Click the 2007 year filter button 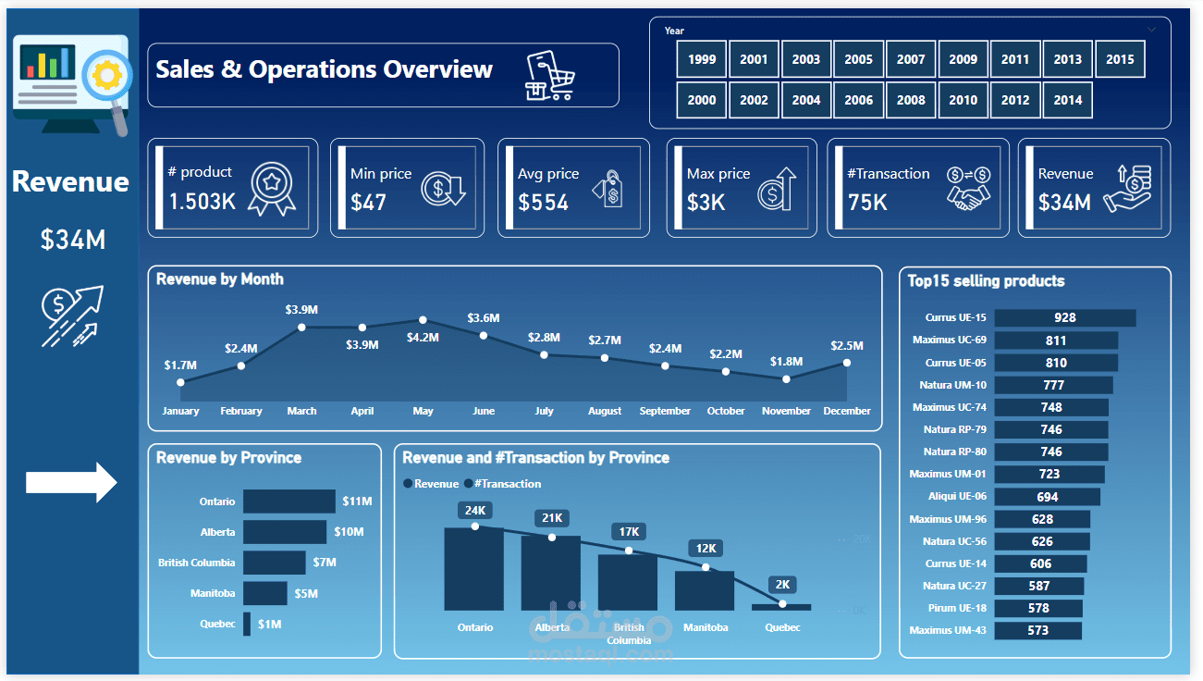[911, 59]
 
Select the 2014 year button [1067, 100]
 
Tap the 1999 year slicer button [702, 59]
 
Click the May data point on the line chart [423, 319]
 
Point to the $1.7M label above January [180, 365]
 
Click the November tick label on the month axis [786, 411]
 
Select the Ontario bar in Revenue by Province [288, 501]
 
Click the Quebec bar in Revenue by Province [247, 624]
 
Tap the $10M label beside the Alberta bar [349, 532]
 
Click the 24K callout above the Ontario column [475, 511]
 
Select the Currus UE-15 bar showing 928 [1065, 317]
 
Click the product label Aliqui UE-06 [957, 497]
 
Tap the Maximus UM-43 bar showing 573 [1037, 630]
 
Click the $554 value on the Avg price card [544, 203]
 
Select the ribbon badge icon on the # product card [272, 189]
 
